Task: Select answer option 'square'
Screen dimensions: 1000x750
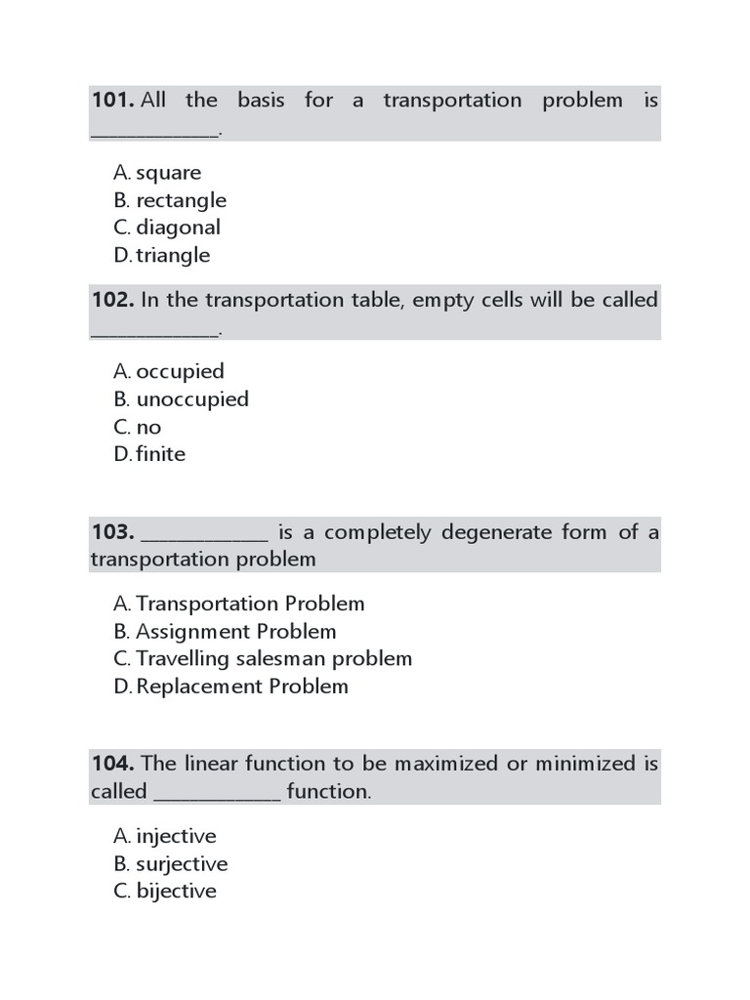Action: [x=168, y=173]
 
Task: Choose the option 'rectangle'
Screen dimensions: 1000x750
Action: [x=181, y=200]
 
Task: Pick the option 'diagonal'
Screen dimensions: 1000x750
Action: [x=178, y=228]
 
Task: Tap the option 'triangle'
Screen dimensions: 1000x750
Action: [x=173, y=255]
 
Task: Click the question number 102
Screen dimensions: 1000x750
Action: [x=112, y=300]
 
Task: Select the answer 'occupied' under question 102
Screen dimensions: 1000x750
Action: [x=180, y=371]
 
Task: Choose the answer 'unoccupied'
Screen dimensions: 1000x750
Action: [x=192, y=398]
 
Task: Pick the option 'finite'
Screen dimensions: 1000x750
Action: [x=160, y=454]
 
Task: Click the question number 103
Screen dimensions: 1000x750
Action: [x=112, y=532]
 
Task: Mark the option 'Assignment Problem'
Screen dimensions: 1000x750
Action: [x=235, y=632]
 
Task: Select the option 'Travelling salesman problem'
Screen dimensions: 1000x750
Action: [x=273, y=659]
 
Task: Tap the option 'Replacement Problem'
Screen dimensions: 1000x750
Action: [x=242, y=687]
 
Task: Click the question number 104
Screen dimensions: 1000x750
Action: [x=112, y=764]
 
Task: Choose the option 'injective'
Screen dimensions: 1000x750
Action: [x=176, y=837]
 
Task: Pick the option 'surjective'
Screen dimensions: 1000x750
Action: [x=182, y=864]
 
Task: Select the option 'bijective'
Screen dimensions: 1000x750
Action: [x=176, y=892]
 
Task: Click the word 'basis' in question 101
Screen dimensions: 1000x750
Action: [x=261, y=101]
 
